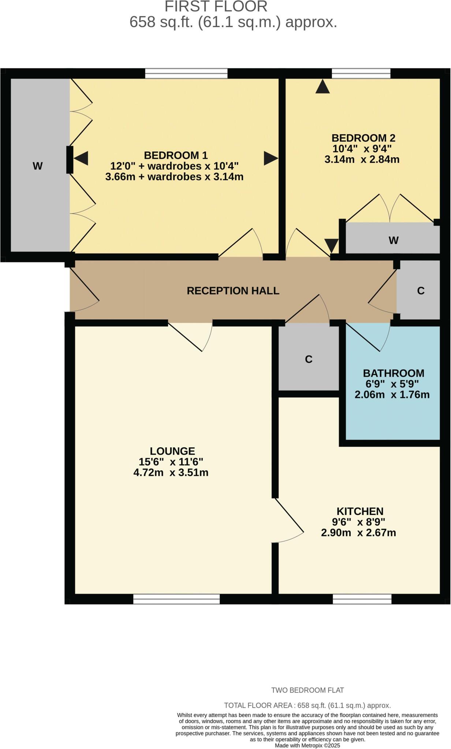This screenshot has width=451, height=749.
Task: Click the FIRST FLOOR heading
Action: (216, 7)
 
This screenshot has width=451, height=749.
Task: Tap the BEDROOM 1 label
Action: (176, 155)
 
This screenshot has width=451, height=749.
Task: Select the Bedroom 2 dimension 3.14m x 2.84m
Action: (362, 159)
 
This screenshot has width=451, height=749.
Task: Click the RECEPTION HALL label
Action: (233, 291)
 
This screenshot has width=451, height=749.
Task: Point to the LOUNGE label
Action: (172, 451)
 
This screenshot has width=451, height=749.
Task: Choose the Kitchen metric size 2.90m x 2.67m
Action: (358, 533)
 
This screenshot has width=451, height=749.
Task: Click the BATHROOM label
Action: (394, 373)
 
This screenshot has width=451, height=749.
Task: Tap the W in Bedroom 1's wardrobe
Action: (37, 166)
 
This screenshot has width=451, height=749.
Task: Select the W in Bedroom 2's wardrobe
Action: (394, 240)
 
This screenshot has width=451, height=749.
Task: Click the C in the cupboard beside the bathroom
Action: (309, 359)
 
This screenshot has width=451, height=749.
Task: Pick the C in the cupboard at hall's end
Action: (421, 291)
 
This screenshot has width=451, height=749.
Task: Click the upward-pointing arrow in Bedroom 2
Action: (323, 87)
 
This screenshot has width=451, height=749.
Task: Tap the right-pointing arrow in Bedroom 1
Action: (271, 158)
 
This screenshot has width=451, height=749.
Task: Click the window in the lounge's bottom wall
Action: (176, 599)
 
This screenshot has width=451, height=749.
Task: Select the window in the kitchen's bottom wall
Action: (362, 599)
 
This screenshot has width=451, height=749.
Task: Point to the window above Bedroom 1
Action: (186, 74)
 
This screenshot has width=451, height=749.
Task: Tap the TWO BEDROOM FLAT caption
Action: (307, 690)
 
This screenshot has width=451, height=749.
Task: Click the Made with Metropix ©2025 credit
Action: (307, 745)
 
